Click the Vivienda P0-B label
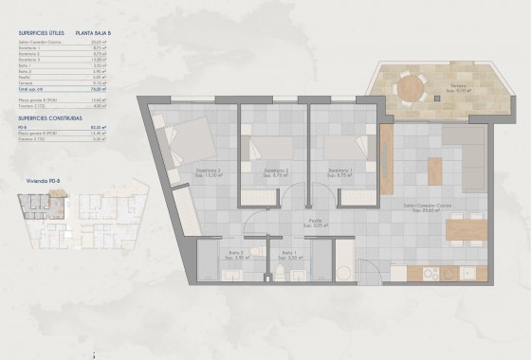(x=45, y=179)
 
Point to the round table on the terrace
(x=411, y=88)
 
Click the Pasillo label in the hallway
(x=313, y=224)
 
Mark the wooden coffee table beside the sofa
(x=434, y=171)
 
